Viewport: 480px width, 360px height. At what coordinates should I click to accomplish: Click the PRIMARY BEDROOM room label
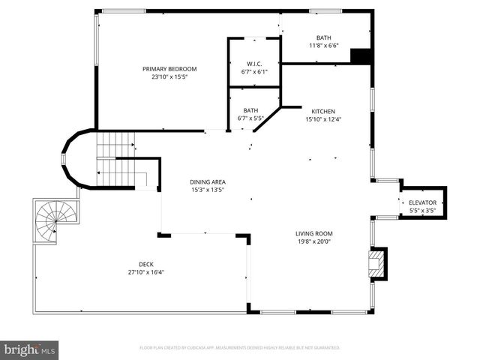point(169,69)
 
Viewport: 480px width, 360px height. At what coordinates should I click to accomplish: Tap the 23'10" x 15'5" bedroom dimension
point(169,76)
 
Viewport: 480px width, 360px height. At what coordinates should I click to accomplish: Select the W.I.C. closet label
point(253,63)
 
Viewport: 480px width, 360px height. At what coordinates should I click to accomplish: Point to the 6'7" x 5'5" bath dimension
point(250,118)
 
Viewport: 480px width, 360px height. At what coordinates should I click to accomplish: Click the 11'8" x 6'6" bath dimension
point(323,45)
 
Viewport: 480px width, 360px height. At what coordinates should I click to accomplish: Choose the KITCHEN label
point(323,111)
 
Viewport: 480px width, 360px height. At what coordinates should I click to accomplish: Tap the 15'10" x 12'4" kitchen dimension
point(323,118)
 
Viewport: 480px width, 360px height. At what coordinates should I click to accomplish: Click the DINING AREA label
point(208,182)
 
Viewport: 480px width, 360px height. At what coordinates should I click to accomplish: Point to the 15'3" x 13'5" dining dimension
point(208,190)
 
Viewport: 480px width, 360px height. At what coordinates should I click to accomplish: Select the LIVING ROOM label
point(313,234)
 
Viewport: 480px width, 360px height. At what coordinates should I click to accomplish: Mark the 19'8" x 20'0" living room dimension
point(313,241)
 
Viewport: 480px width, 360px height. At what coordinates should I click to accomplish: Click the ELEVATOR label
point(422,203)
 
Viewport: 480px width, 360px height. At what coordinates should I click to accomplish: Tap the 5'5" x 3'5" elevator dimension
point(422,211)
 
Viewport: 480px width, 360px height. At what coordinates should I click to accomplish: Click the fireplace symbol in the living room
point(378,263)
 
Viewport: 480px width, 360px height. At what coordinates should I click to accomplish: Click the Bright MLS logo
point(30,349)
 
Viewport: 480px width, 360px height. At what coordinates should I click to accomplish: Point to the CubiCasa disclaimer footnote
point(240,348)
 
